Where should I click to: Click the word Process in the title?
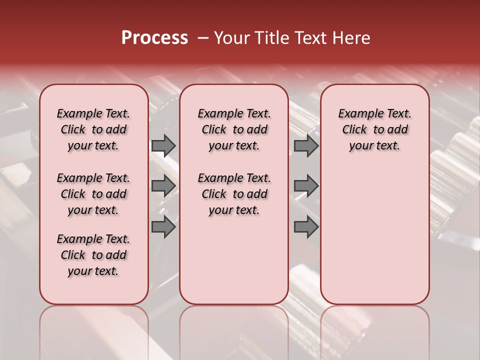pyautogui.click(x=154, y=38)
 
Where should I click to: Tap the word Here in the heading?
pyautogui.click(x=350, y=38)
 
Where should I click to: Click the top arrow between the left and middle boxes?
pyautogui.click(x=163, y=145)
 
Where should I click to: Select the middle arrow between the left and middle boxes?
pyautogui.click(x=163, y=185)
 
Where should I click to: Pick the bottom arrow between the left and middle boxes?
pyautogui.click(x=163, y=226)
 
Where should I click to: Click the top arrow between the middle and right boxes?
pyautogui.click(x=306, y=145)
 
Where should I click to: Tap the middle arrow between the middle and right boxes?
pyautogui.click(x=306, y=185)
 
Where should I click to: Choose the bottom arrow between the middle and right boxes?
pyautogui.click(x=306, y=226)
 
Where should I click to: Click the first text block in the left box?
pyautogui.click(x=93, y=129)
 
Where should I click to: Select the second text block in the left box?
pyautogui.click(x=93, y=194)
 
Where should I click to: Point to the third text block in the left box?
pyautogui.click(x=93, y=255)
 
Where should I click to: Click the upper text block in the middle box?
pyautogui.click(x=234, y=129)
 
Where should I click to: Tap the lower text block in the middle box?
pyautogui.click(x=234, y=194)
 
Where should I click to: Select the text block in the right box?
pyautogui.click(x=374, y=129)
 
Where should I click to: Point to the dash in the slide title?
pyautogui.click(x=203, y=38)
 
